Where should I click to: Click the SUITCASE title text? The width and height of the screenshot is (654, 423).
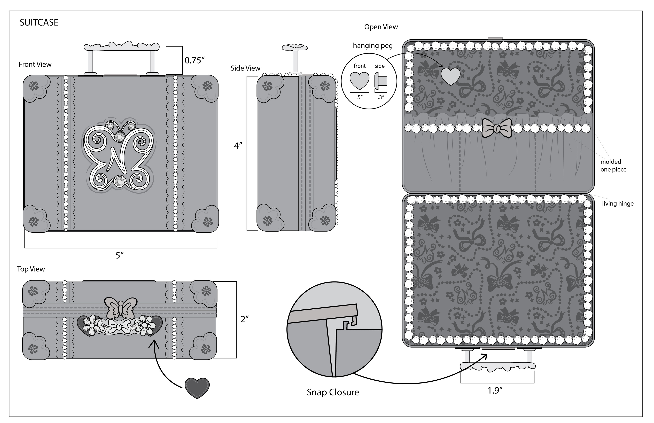tap(39, 22)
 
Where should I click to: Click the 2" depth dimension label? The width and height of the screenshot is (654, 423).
tap(244, 319)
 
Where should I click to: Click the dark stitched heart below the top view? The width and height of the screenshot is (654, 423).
tap(197, 388)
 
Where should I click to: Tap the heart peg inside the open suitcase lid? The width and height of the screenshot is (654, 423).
tap(450, 76)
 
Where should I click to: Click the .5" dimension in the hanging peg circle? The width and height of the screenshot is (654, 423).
tap(359, 97)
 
